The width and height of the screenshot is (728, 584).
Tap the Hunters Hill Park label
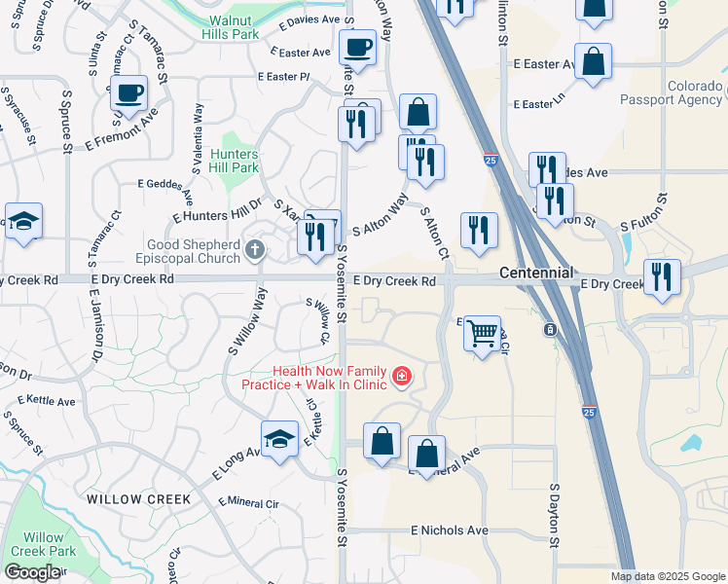(233, 161)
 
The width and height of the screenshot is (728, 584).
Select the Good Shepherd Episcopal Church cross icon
(256, 251)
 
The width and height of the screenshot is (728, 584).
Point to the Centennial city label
(534, 274)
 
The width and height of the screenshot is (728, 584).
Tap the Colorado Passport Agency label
(695, 92)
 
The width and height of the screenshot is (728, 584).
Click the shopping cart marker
(482, 333)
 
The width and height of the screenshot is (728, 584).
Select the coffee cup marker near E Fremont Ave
(127, 93)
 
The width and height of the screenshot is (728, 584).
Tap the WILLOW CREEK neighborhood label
(138, 499)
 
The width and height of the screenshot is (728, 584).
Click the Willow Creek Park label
(43, 544)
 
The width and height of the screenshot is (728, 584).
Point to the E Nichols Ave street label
(449, 530)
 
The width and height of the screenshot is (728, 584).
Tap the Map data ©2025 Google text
(668, 576)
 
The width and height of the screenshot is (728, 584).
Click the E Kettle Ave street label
(47, 401)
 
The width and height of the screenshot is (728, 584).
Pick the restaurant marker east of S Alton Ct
(477, 230)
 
